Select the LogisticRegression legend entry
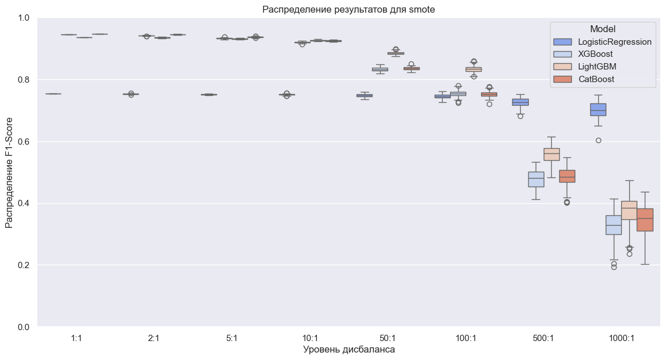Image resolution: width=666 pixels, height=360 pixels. (x=615, y=42)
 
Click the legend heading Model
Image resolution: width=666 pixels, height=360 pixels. (x=602, y=29)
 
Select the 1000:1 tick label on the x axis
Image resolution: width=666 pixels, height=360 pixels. (x=622, y=339)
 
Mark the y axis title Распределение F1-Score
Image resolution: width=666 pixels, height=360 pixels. (x=10, y=172)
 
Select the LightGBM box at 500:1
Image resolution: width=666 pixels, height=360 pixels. (x=551, y=154)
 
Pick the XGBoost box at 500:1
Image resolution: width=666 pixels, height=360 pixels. (x=536, y=179)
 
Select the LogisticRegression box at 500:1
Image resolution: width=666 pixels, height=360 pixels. (x=520, y=102)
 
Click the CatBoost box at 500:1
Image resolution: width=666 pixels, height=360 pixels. (x=567, y=176)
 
